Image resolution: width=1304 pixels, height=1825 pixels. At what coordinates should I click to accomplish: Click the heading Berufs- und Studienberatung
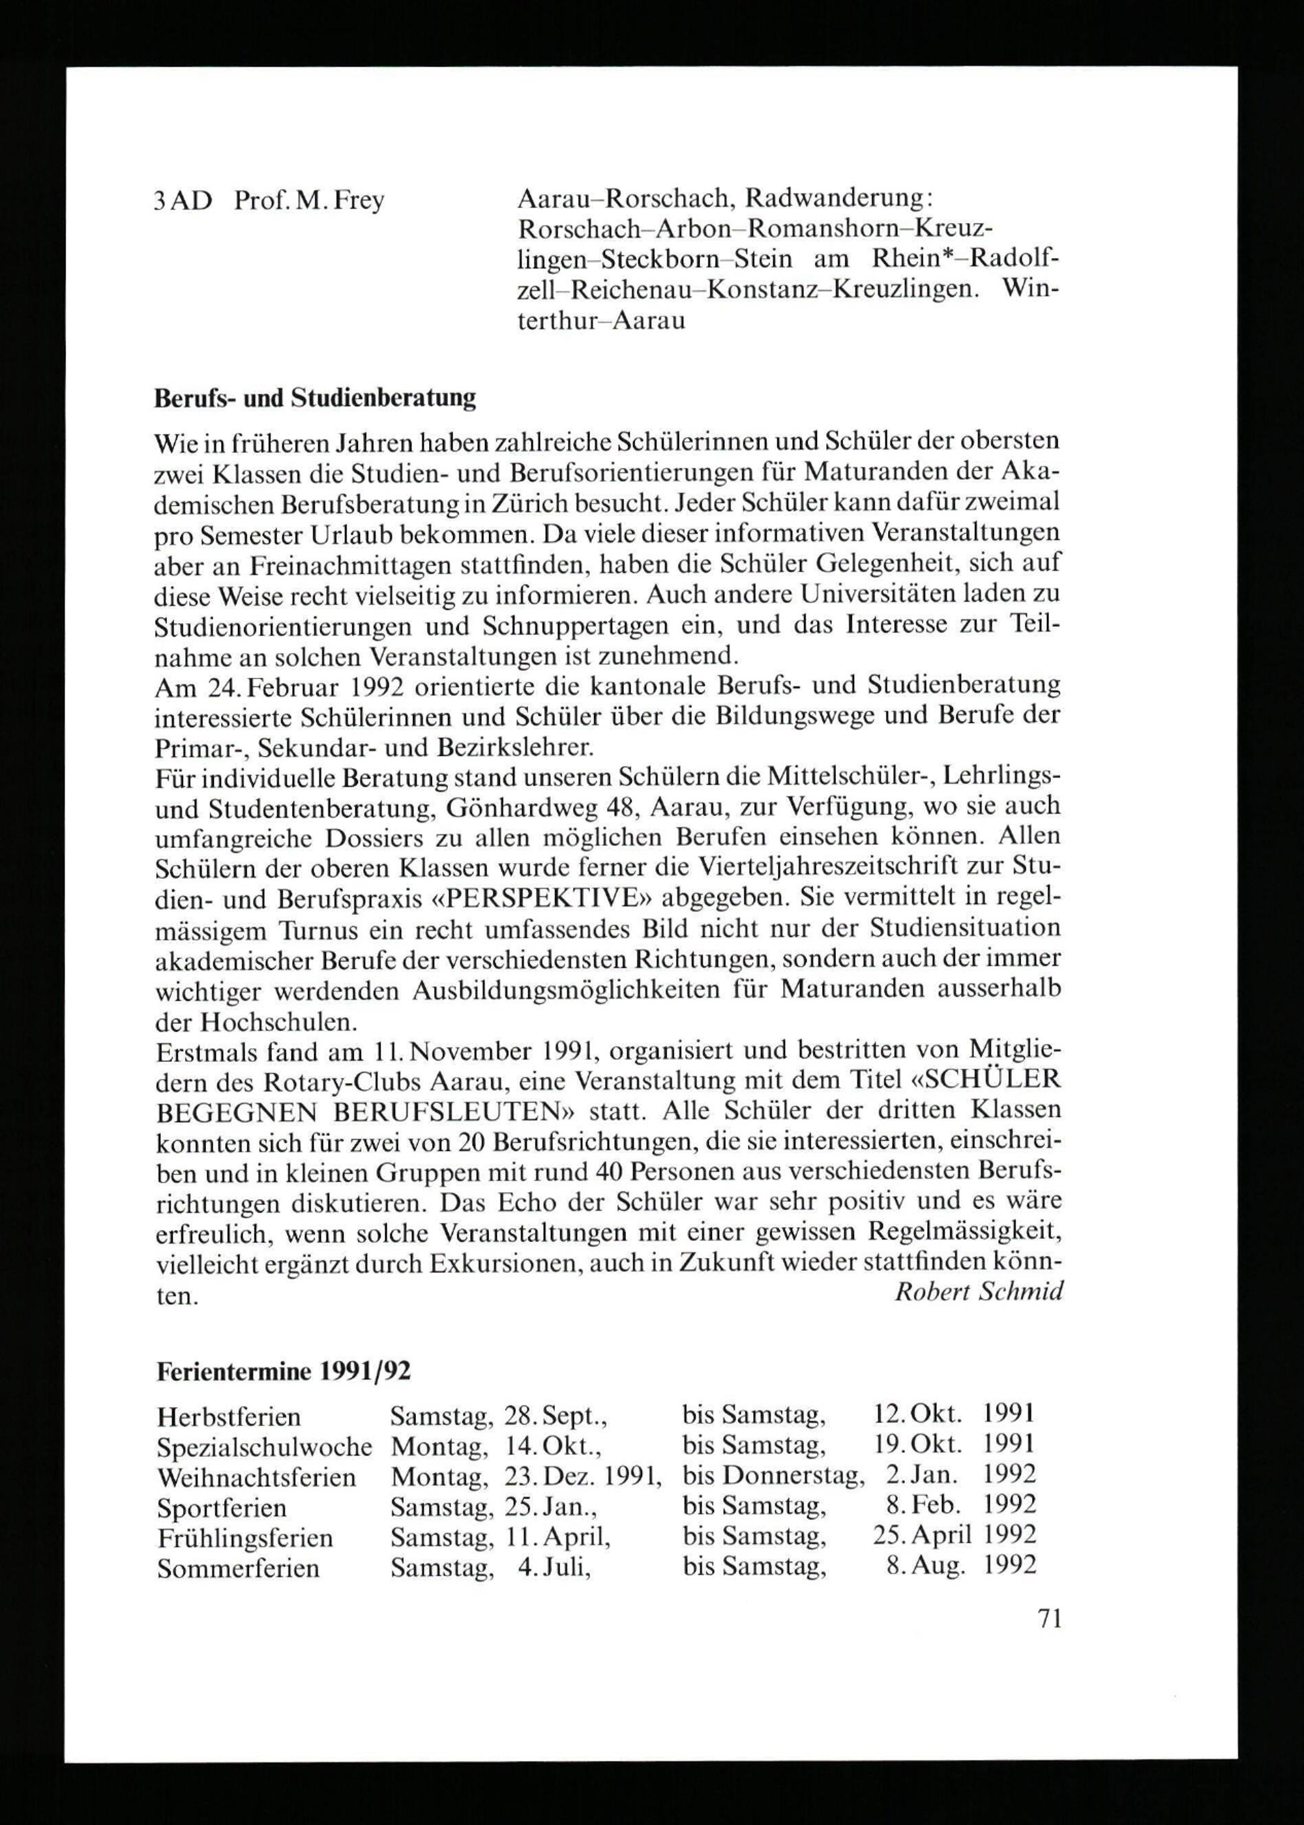(315, 399)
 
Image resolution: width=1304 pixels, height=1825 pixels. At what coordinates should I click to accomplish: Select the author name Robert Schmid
(979, 1291)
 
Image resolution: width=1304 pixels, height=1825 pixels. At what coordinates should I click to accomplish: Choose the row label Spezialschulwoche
(264, 1446)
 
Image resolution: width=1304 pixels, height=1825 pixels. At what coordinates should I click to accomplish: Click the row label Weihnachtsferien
(256, 1477)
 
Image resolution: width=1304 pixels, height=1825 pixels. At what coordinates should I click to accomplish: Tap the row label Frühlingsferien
(245, 1538)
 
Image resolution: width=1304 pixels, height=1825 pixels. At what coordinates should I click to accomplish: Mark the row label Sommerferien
(239, 1568)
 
